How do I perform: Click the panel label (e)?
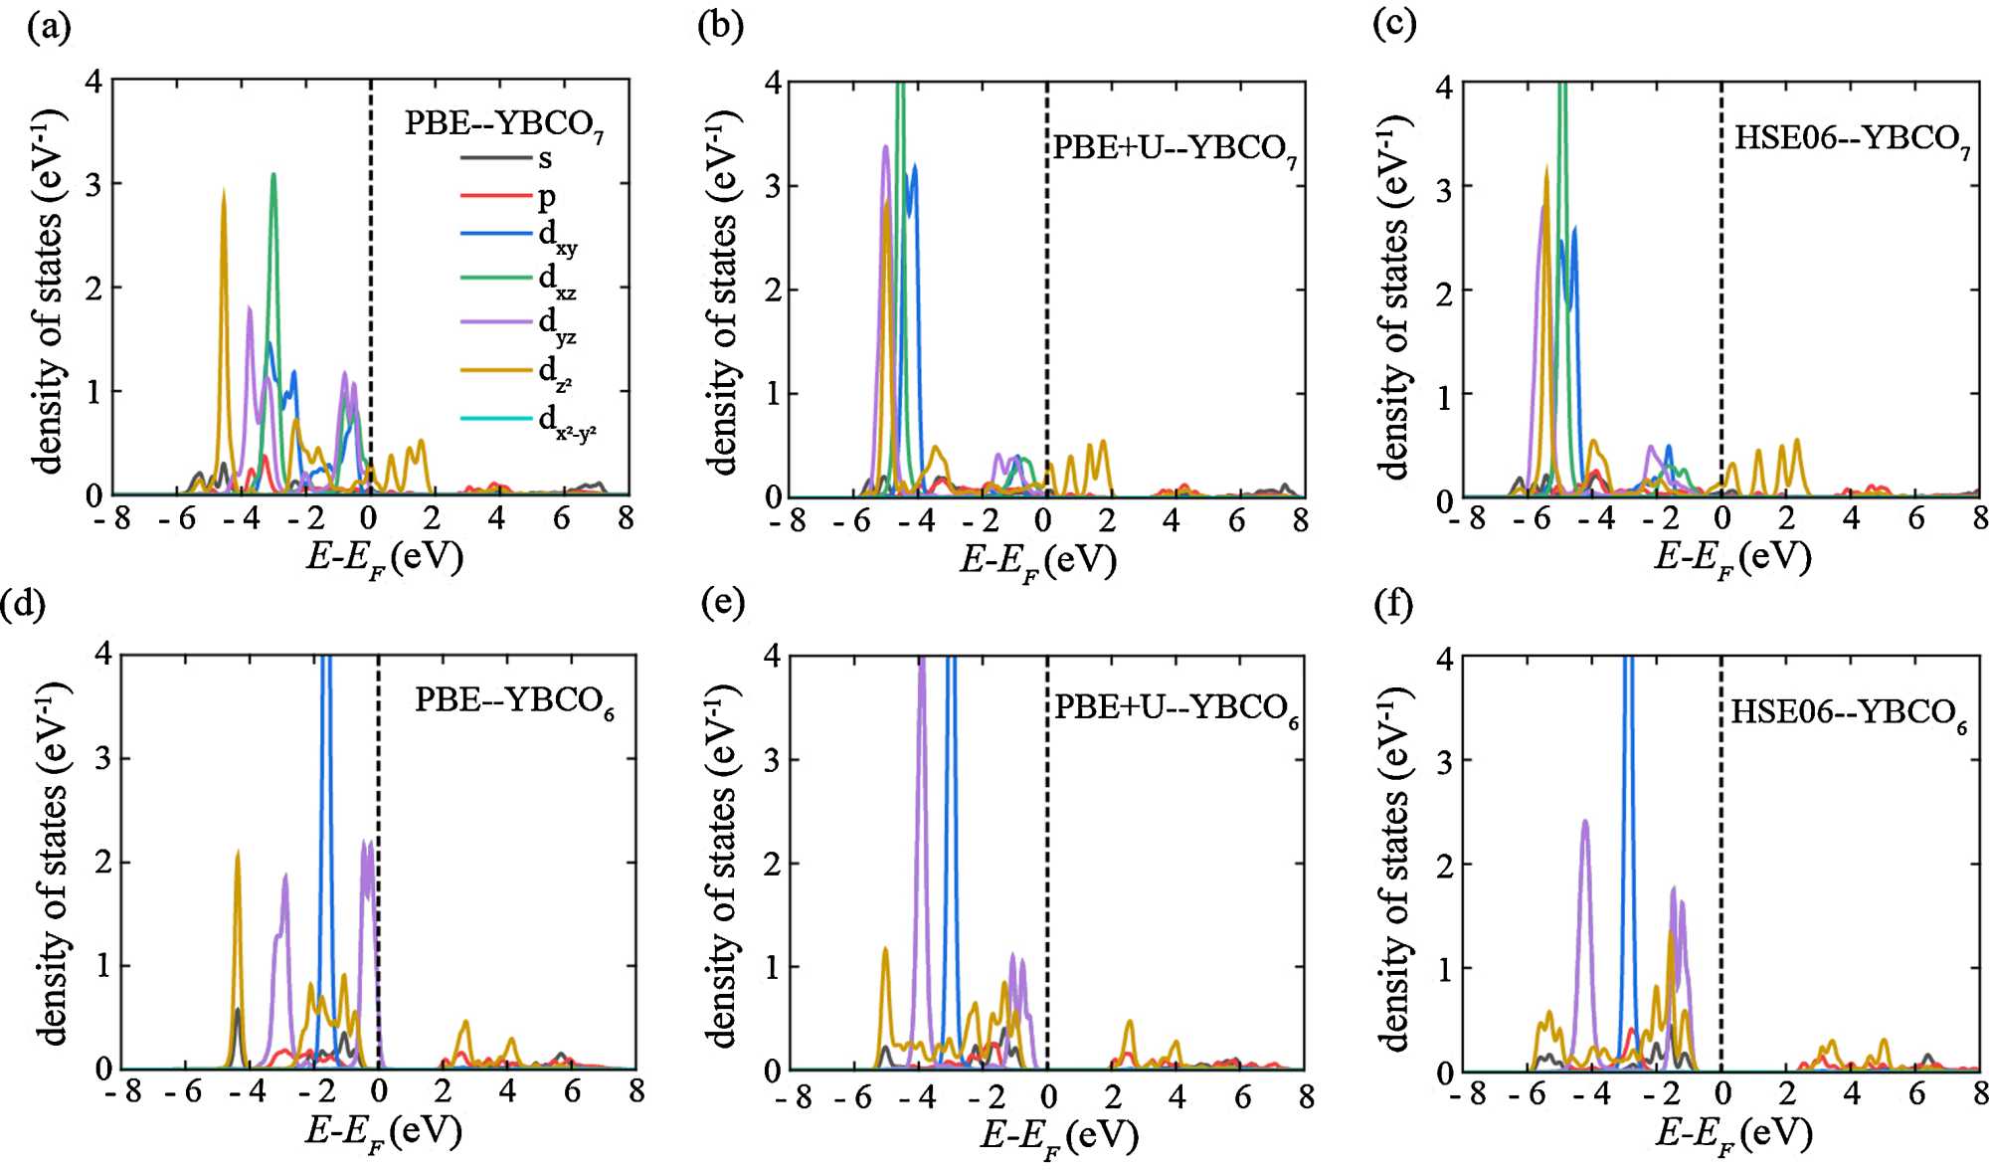point(723,602)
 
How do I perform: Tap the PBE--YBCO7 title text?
point(503,124)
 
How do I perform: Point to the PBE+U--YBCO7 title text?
point(1175,148)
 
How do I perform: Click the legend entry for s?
point(545,158)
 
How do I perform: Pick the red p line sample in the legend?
point(496,196)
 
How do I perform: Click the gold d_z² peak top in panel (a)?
point(224,192)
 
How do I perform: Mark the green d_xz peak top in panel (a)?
point(273,175)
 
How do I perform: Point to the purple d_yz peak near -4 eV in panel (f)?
point(1584,822)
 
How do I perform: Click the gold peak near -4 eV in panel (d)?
point(238,853)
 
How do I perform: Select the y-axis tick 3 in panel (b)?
point(774,187)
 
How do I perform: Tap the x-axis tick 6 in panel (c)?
point(1915,517)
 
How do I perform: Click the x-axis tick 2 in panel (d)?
point(443,1091)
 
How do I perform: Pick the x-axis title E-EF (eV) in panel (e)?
point(1059,1135)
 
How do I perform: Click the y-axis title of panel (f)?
point(1396,866)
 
